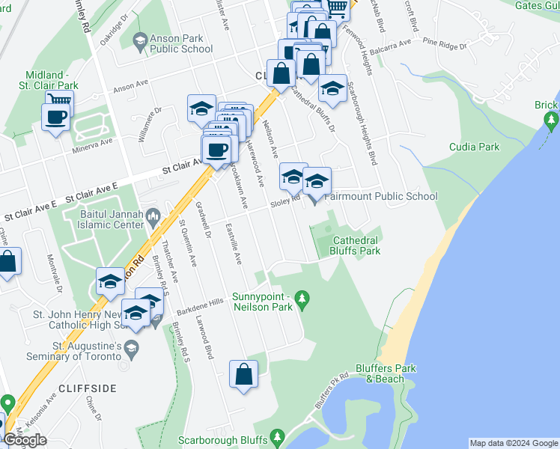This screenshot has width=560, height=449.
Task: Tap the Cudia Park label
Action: pyautogui.click(x=474, y=147)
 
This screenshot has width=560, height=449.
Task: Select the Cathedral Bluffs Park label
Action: pyautogui.click(x=356, y=245)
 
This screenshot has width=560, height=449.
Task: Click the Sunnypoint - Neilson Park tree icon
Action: pyautogui.click(x=302, y=299)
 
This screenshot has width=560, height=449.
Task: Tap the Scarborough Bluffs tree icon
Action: pyautogui.click(x=278, y=435)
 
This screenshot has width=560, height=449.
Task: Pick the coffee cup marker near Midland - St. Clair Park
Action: pyautogui.click(x=57, y=117)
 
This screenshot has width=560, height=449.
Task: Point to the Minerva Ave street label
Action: pyautogui.click(x=92, y=141)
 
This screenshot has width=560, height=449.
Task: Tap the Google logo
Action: pyautogui.click(x=25, y=440)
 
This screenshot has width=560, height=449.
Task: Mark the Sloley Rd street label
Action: pyautogui.click(x=285, y=200)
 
